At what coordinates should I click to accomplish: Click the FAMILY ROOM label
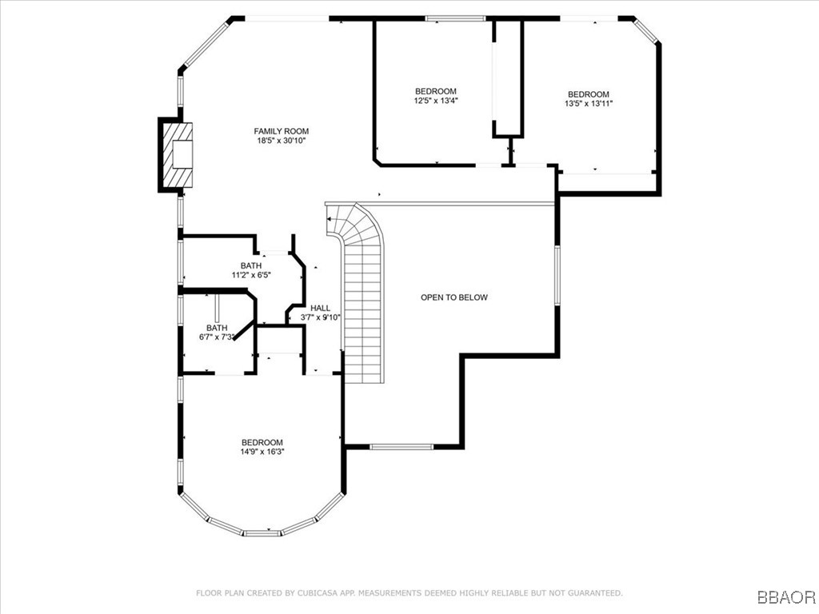[x=282, y=131]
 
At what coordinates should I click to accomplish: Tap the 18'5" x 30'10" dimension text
[x=282, y=141]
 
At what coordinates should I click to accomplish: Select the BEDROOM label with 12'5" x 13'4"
[x=435, y=91]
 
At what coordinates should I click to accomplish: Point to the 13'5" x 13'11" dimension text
[x=588, y=103]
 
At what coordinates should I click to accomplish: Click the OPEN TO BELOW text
[x=454, y=297]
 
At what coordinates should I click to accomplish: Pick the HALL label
[x=320, y=308]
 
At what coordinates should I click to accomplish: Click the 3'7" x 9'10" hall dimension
[x=320, y=317]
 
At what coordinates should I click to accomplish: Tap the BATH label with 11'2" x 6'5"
[x=250, y=265]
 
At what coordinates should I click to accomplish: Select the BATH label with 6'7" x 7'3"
[x=217, y=328]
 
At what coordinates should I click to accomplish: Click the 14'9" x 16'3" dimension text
[x=262, y=452]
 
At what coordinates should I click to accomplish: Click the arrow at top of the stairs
[x=329, y=217]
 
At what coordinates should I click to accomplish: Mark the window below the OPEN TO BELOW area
[x=401, y=446]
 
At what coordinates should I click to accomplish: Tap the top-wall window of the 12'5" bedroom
[x=454, y=18]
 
